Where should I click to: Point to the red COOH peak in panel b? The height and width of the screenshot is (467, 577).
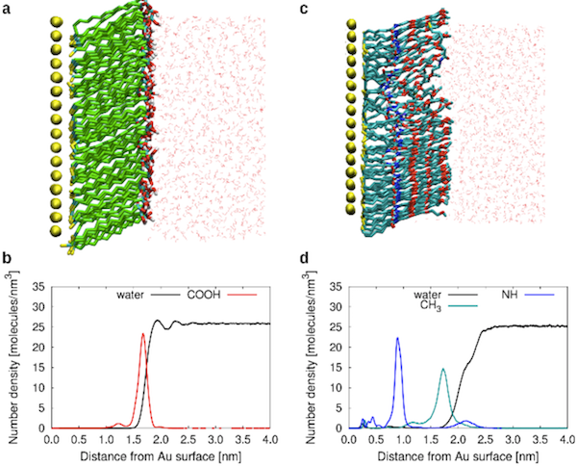143,334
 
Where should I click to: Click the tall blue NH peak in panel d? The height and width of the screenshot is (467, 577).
397,338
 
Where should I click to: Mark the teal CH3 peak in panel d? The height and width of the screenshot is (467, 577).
442,369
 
